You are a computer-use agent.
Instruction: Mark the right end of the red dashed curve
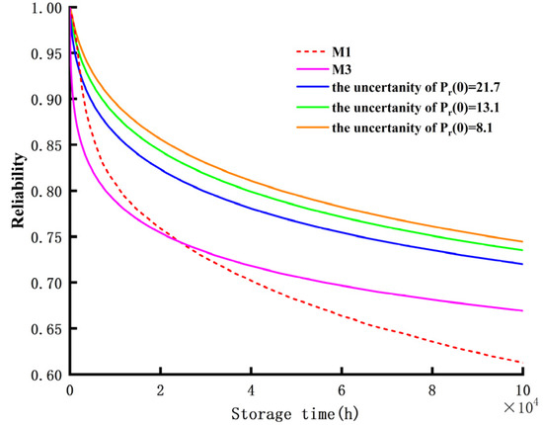click(521, 363)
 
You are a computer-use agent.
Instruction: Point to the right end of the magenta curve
click(521, 310)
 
